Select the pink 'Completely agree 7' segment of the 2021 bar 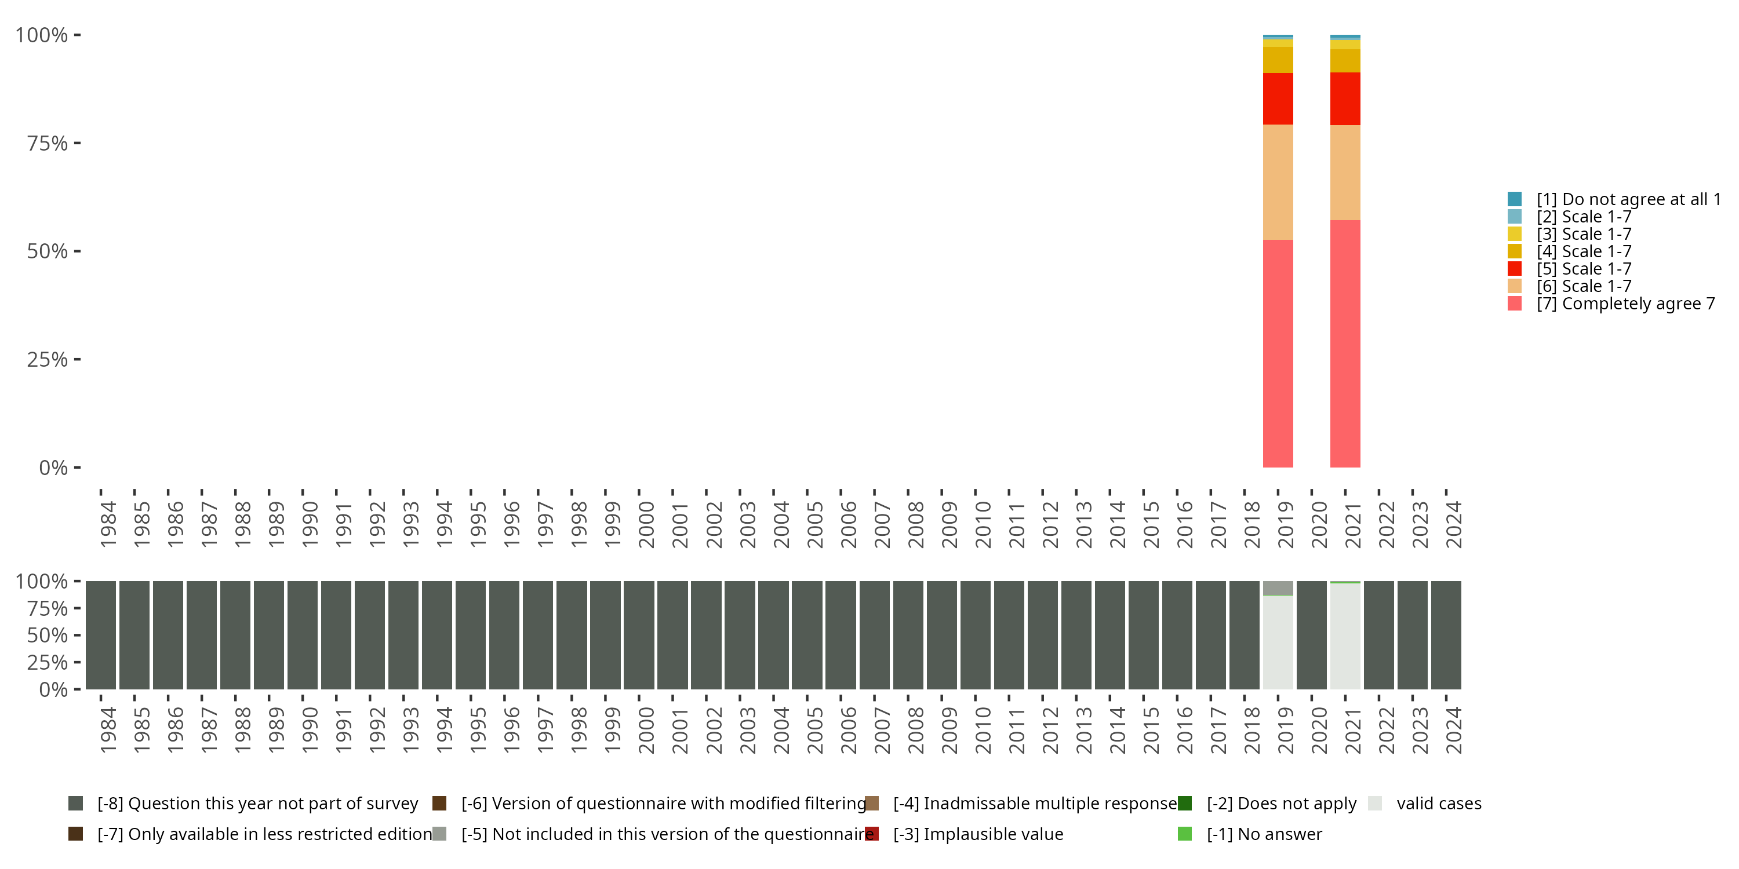[x=1345, y=344]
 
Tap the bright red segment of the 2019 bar [x=1278, y=98]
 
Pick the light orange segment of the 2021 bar [x=1345, y=172]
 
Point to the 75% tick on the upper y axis [x=77, y=143]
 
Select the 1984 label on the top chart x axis [x=108, y=524]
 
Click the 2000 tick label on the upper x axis [x=646, y=524]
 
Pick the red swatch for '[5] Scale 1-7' [x=1514, y=269]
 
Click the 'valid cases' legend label [x=1439, y=804]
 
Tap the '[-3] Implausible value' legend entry [x=977, y=834]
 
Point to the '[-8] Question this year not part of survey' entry [x=257, y=804]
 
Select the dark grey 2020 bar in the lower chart [x=1312, y=635]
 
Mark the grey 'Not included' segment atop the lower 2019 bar [x=1278, y=587]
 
